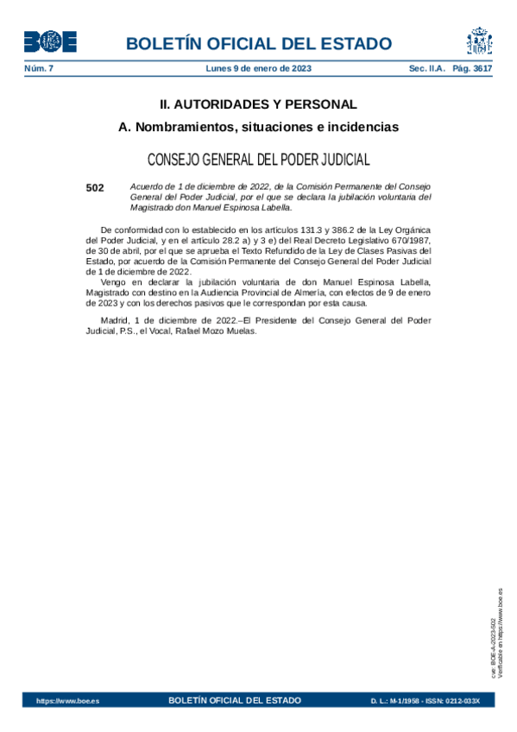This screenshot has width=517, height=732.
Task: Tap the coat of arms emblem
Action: [479, 41]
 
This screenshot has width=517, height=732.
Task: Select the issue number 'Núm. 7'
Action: [39, 67]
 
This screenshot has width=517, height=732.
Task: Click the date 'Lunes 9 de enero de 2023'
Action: [259, 67]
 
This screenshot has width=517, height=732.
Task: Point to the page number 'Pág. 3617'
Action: [472, 67]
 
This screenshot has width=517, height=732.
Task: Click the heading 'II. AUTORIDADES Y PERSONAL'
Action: [258, 104]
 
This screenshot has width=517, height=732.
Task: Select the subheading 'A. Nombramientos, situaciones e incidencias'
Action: [258, 127]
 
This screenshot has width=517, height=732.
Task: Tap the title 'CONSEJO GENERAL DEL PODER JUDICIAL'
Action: [258, 160]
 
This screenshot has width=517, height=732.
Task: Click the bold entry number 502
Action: [95, 186]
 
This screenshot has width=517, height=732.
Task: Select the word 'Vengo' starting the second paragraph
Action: [114, 281]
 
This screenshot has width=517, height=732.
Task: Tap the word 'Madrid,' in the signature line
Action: [117, 320]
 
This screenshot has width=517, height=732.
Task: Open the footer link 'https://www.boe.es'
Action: [67, 701]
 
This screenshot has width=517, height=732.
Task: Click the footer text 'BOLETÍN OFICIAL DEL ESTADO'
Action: [235, 700]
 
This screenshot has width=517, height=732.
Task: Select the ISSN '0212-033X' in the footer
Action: [460, 701]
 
